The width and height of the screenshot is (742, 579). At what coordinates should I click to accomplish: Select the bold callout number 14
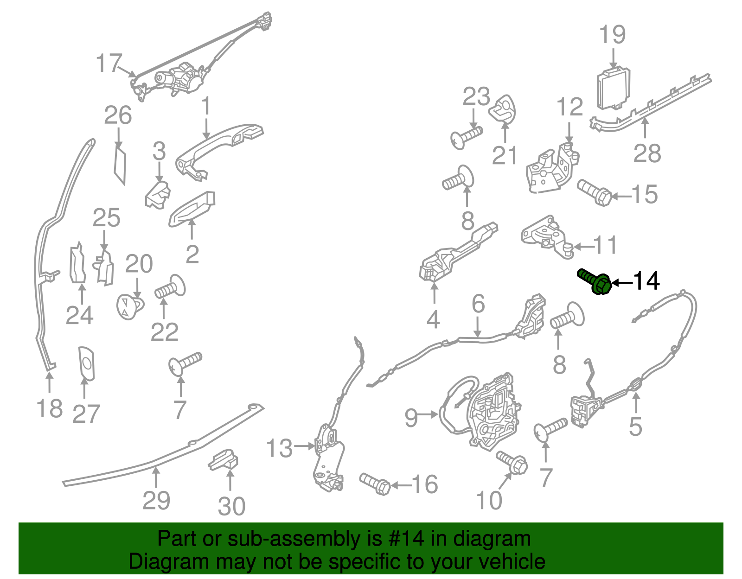click(x=646, y=281)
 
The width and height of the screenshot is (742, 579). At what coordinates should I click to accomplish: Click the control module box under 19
click(x=613, y=89)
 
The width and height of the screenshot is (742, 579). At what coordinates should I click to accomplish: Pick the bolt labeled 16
click(x=375, y=484)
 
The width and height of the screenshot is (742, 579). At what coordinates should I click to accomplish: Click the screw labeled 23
click(x=466, y=137)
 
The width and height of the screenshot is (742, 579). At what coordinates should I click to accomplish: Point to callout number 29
click(x=156, y=500)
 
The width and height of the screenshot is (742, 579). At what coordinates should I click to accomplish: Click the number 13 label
click(x=279, y=448)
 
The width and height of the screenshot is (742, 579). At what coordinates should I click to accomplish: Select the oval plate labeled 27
click(x=86, y=363)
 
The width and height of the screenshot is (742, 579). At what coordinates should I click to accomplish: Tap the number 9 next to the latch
click(x=411, y=418)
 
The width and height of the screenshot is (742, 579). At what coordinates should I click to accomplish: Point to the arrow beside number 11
click(x=583, y=246)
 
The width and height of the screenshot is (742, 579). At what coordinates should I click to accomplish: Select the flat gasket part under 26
click(x=120, y=165)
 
